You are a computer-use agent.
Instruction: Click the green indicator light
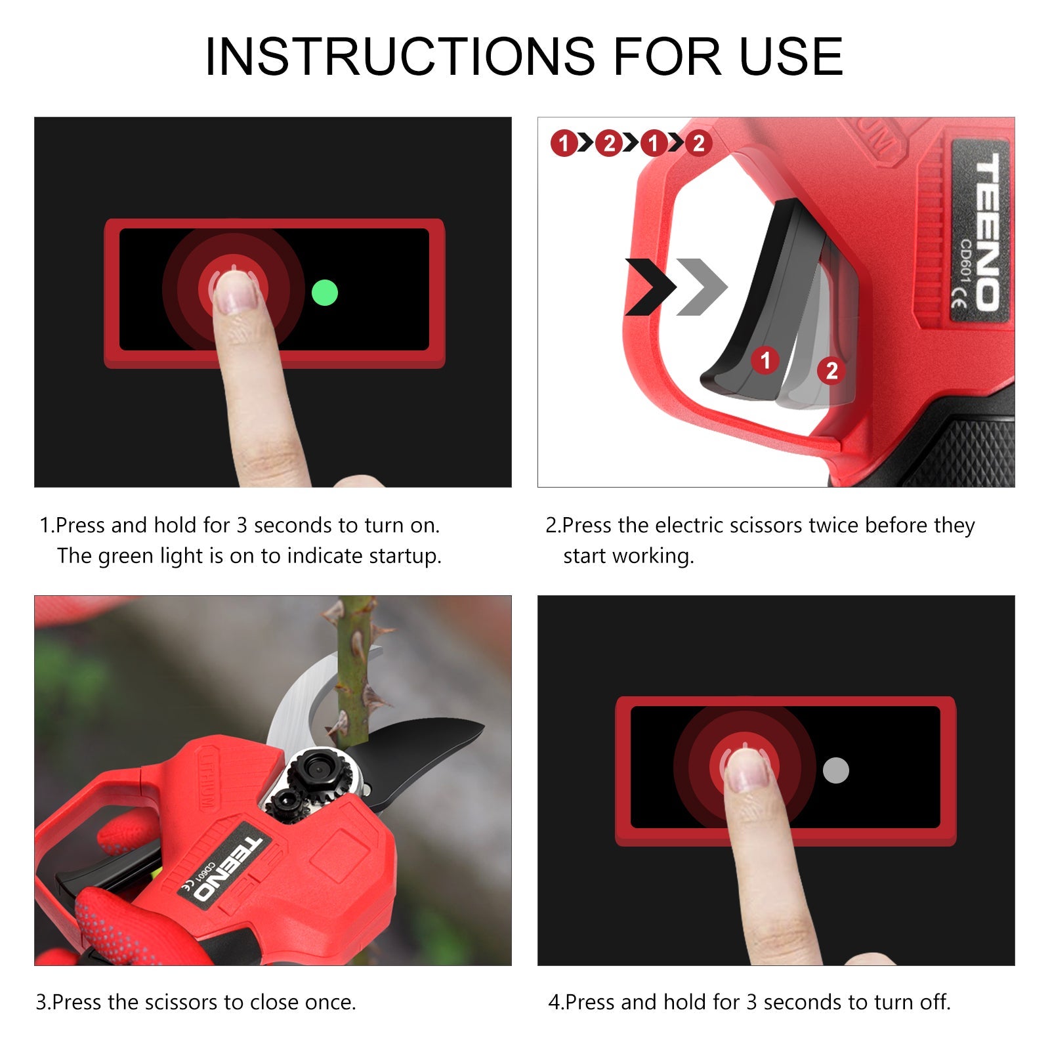coord(324,293)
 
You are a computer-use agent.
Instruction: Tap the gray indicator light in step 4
coord(835,770)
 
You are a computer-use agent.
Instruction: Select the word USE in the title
coord(791,56)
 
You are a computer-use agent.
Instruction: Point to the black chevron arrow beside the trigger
coord(650,287)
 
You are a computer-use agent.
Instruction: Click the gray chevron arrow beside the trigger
coord(701,287)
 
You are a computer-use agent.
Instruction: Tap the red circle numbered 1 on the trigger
coord(765,360)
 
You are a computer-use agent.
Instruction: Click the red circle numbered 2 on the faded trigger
coord(831,371)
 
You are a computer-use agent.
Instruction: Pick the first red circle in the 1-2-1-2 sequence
coord(564,143)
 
